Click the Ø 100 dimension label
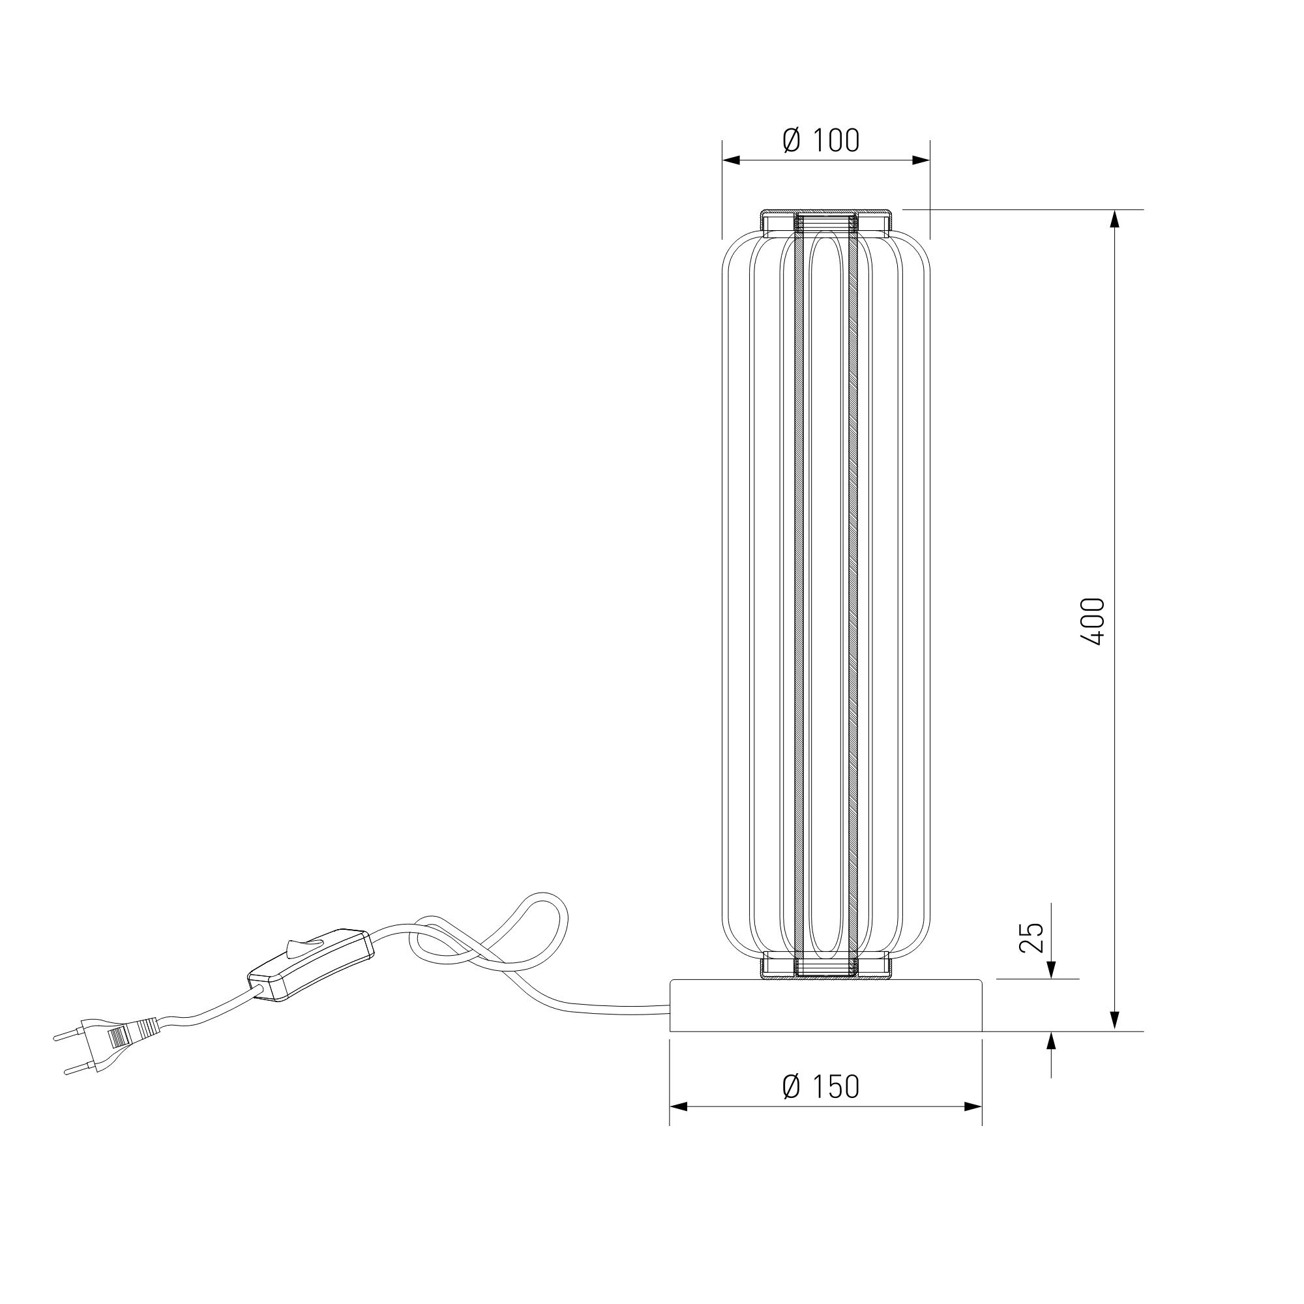821,140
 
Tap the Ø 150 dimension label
821,1087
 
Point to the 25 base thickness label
1031,938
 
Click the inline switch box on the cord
310,964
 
